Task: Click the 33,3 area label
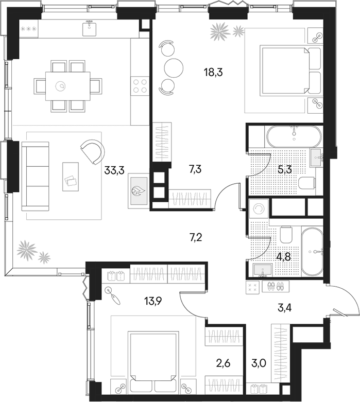tap(114, 170)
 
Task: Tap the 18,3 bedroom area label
tap(213, 73)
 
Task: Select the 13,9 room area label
tap(152, 301)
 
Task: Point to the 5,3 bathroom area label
tap(285, 169)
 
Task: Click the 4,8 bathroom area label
tap(284, 256)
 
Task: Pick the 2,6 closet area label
tap(222, 363)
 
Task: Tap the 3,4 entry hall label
tap(285, 307)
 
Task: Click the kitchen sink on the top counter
tap(90, 28)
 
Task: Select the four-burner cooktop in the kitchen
tap(140, 86)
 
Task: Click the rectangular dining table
tap(68, 86)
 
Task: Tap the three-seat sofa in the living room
tap(35, 176)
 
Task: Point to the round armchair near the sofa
tap(92, 152)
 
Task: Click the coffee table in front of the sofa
tap(71, 177)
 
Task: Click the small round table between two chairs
tap(174, 68)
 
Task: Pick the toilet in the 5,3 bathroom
tap(307, 183)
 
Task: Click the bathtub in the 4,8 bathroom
tap(312, 252)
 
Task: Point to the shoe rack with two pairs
tap(276, 286)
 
